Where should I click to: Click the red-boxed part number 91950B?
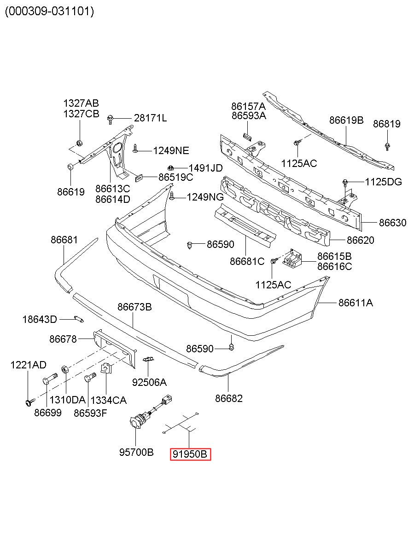pos(190,454)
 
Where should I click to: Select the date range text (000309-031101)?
pos(50,11)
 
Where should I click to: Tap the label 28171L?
pos(151,118)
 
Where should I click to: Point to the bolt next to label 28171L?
pos(110,120)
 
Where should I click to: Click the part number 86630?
pos(392,223)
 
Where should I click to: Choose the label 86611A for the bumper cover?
pos(356,303)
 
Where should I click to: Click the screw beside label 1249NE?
pos(135,148)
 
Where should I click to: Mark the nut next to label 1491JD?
pos(170,168)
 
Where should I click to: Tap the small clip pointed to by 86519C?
pos(139,178)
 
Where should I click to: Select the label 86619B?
pos(346,120)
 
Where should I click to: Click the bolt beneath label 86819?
pos(387,146)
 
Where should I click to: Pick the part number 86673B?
pos(134,307)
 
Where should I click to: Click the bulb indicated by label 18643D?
pos(79,319)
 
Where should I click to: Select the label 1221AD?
pos(29,365)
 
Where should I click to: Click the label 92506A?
pos(149,382)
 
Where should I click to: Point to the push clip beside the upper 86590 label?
pos(190,246)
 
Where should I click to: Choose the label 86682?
pos(228,398)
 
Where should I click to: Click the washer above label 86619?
pos(70,167)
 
